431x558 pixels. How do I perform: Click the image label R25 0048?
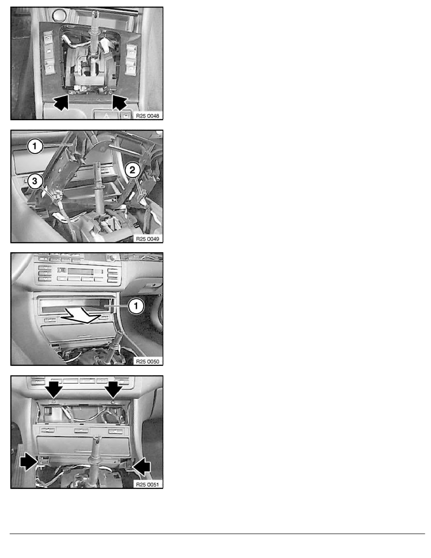[147, 116]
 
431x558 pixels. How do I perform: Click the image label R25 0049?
[147, 239]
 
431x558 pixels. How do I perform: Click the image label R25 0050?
[147, 362]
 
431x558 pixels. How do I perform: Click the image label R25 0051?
[147, 484]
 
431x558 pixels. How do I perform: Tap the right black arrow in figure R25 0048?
[119, 102]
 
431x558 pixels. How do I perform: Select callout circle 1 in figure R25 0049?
[35, 146]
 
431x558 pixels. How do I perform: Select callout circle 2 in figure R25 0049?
[132, 170]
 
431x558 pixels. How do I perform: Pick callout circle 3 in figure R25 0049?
[34, 181]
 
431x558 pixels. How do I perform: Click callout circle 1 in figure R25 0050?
[136, 306]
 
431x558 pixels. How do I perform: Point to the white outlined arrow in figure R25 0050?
[82, 316]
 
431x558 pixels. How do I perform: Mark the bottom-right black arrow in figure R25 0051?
[142, 466]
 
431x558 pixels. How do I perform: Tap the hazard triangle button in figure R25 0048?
[106, 115]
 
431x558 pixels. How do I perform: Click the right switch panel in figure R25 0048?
[131, 60]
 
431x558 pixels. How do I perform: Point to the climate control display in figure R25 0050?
[81, 271]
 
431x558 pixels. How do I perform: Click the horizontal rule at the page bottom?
[217, 534]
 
